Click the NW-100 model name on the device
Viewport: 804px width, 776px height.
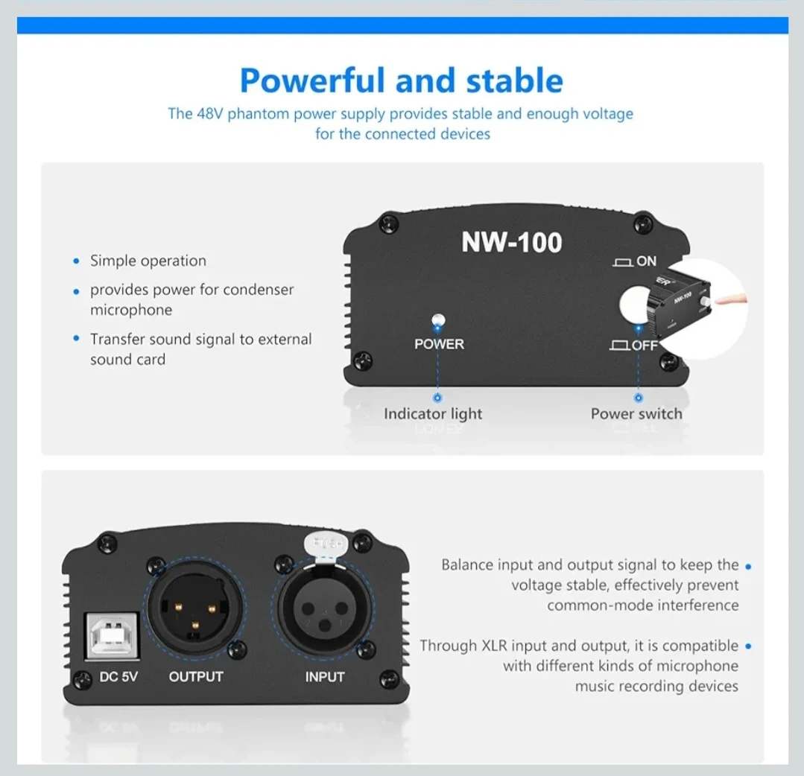[511, 242]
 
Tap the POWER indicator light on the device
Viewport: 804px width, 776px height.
[438, 320]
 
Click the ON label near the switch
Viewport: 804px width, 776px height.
[646, 261]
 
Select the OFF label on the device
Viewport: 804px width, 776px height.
[645, 346]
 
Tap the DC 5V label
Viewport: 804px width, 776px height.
[118, 676]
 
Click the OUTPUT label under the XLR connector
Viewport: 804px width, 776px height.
[196, 676]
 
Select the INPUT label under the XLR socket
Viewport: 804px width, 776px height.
[325, 676]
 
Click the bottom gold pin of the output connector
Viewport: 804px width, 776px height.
[194, 625]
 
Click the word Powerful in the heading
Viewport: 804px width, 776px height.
[312, 81]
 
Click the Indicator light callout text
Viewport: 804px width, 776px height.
[433, 413]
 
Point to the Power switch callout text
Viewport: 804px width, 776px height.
[636, 413]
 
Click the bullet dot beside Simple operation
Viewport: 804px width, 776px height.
[77, 261]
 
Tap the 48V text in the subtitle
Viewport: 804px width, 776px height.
[210, 113]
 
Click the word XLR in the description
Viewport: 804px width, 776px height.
[494, 645]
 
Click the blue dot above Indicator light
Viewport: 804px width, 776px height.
[437, 398]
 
